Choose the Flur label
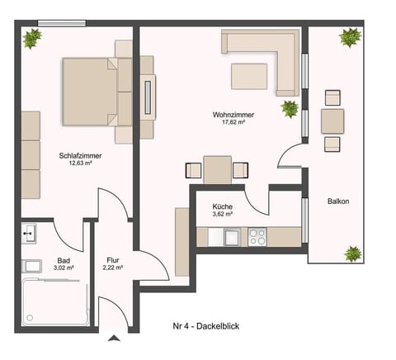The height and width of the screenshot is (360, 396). pyautogui.click(x=113, y=260)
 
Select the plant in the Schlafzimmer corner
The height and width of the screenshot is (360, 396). pyautogui.click(x=33, y=38)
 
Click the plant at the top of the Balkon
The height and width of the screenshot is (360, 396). pyautogui.click(x=349, y=37)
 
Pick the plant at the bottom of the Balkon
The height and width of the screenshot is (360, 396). pyautogui.click(x=353, y=253)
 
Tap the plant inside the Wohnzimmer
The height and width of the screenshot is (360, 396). pyautogui.click(x=290, y=107)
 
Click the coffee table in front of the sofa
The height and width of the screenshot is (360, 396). pyautogui.click(x=248, y=76)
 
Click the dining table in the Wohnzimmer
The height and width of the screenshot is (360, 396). pyautogui.click(x=218, y=169)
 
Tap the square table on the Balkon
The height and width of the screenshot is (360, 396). pyautogui.click(x=332, y=121)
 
